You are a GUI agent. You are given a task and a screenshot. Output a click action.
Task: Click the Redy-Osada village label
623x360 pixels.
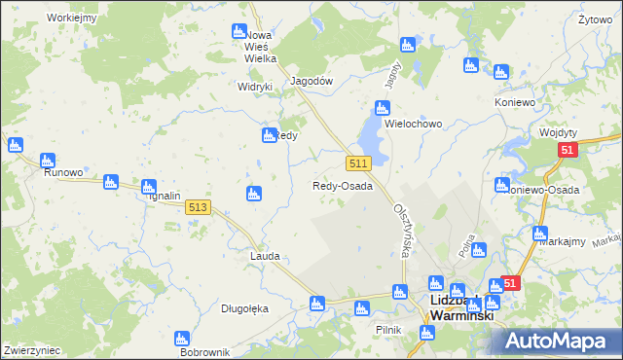(x=342, y=186)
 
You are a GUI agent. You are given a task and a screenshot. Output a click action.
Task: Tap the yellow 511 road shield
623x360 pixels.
(x=357, y=161)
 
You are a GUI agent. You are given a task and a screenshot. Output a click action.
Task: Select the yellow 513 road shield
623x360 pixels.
(x=198, y=206)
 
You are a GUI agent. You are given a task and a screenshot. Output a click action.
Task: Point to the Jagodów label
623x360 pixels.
(x=312, y=82)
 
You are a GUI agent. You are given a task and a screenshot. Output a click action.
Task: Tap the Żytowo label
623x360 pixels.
(x=594, y=18)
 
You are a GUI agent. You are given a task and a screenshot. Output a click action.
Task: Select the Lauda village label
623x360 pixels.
(x=265, y=256)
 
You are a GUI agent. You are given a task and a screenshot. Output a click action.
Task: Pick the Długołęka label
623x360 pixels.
(x=244, y=308)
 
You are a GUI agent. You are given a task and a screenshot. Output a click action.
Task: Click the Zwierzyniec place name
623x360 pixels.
(x=32, y=349)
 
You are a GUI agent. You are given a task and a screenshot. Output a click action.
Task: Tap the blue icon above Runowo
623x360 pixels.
(x=47, y=160)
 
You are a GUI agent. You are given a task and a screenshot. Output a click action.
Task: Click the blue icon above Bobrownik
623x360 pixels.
(x=181, y=338)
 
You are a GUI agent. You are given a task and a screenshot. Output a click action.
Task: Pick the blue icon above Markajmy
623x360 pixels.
(x=540, y=233)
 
